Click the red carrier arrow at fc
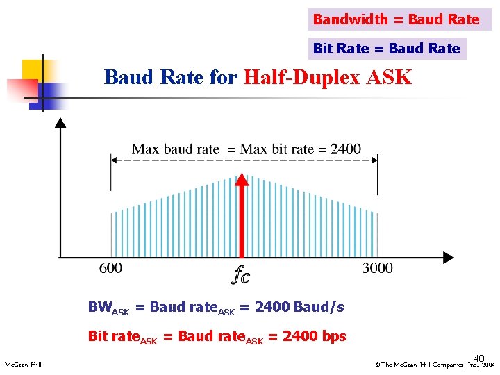pyautogui.click(x=242, y=215)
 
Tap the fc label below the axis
pyautogui.click(x=240, y=276)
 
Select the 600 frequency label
pyautogui.click(x=110, y=268)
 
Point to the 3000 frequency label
pyautogui.click(x=377, y=268)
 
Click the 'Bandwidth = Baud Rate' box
pyautogui.click(x=397, y=19)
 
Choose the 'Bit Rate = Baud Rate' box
pyautogui.click(x=387, y=49)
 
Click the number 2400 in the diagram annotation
pyautogui.click(x=345, y=149)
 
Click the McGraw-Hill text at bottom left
pyautogui.click(x=23, y=365)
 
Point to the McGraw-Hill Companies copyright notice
pyautogui.click(x=434, y=365)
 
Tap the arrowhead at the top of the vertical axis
pyautogui.click(x=61, y=124)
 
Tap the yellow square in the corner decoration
pyautogui.click(x=32, y=70)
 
